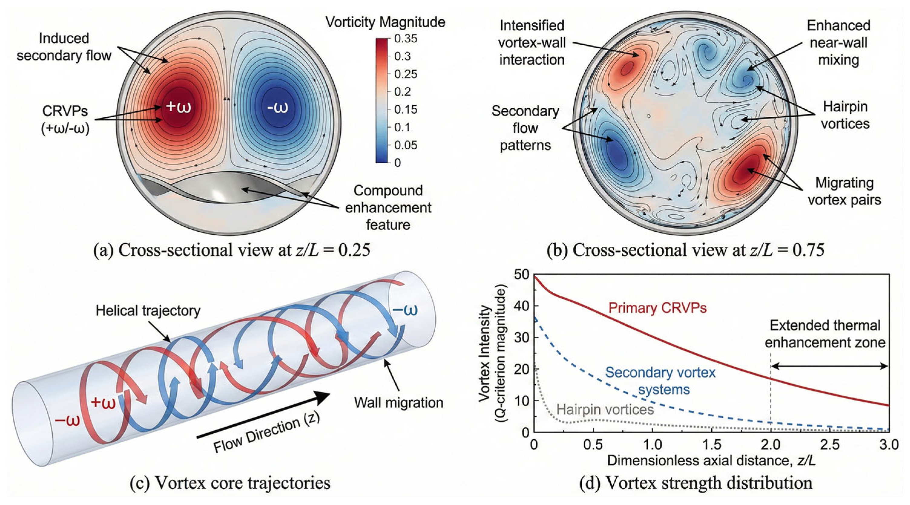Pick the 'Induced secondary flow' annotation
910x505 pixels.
point(64,47)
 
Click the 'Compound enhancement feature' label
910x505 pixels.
point(388,208)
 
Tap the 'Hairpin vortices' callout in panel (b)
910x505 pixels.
point(845,115)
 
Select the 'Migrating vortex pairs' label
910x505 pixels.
point(844,191)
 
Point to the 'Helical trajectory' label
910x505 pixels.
point(148,311)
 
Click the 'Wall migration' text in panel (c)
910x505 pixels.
point(398,402)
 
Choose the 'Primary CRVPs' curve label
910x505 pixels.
point(657,308)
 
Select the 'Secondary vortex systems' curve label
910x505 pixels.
point(660,381)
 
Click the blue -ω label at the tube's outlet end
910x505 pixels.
point(405,310)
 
